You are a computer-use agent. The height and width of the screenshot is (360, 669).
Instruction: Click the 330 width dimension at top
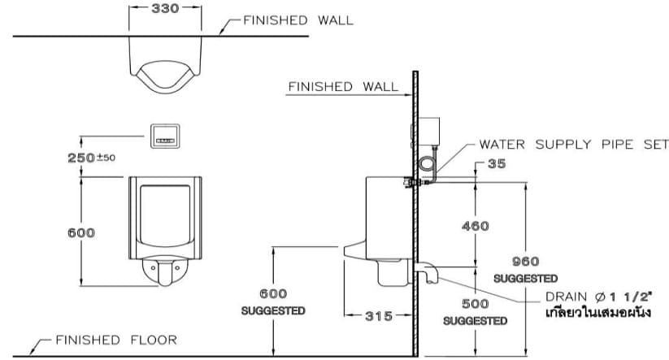click(165, 9)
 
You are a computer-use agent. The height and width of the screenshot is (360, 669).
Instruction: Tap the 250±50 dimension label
click(91, 157)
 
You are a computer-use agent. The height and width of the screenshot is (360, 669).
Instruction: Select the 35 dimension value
click(497, 164)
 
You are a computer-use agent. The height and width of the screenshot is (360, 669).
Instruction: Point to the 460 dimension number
click(475, 227)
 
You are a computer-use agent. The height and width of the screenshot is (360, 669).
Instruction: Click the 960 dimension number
click(525, 261)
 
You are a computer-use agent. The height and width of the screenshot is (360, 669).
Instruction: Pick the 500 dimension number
click(475, 303)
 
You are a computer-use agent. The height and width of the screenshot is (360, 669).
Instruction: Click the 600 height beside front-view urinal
click(80, 232)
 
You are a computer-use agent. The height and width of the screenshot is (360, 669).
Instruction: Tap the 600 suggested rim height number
click(273, 293)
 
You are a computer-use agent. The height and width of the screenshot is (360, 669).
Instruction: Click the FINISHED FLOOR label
click(115, 340)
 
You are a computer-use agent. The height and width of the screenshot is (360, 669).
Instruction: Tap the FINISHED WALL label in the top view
click(298, 20)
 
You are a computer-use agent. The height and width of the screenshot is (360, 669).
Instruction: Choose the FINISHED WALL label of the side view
click(343, 86)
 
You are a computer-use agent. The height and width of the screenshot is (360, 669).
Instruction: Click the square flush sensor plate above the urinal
click(166, 137)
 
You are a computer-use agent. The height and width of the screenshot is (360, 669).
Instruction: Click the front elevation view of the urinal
click(165, 228)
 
